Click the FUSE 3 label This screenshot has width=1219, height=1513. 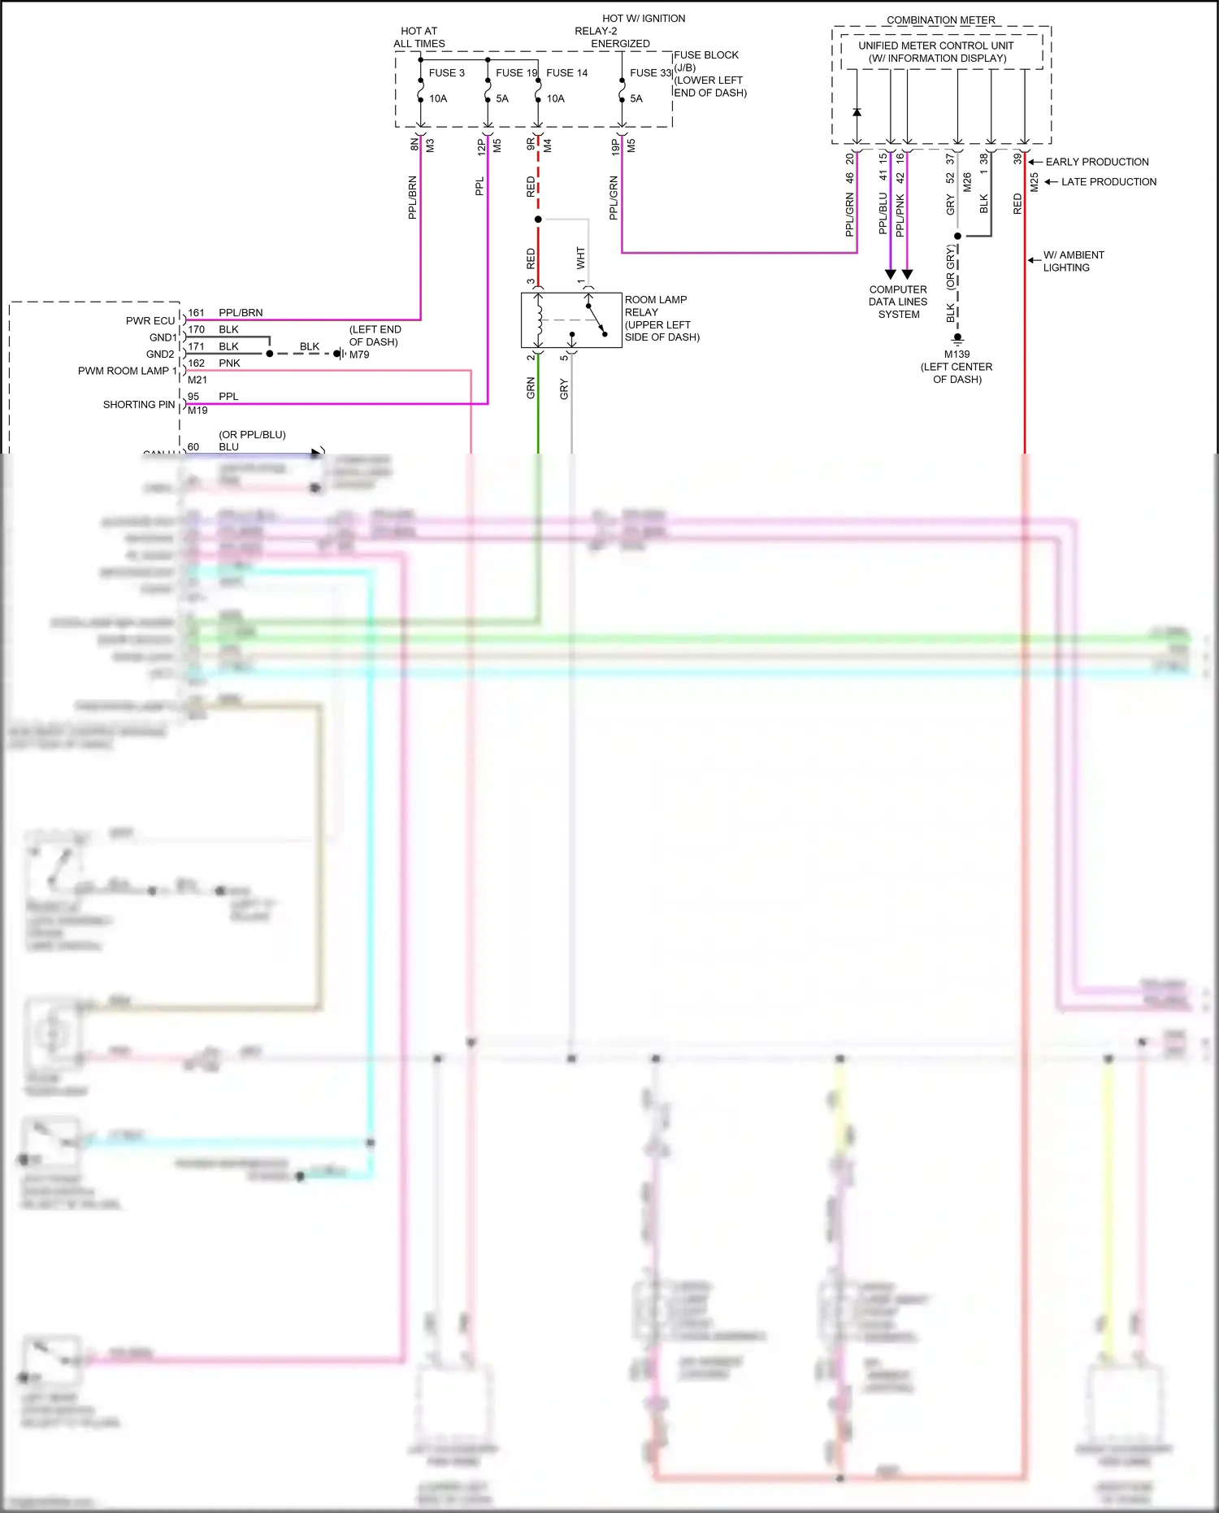click(x=446, y=73)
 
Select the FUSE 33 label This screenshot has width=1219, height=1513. click(x=650, y=73)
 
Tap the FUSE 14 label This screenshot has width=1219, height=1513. click(x=566, y=73)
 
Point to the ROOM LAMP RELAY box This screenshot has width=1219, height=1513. click(x=571, y=320)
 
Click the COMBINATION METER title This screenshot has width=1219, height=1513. click(x=940, y=20)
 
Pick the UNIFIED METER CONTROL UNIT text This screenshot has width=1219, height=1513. click(x=936, y=46)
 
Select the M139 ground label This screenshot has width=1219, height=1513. click(x=957, y=354)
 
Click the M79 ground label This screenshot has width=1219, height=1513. click(x=359, y=354)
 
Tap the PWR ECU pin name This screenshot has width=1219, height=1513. click(x=150, y=321)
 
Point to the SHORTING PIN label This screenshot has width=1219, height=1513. click(x=139, y=405)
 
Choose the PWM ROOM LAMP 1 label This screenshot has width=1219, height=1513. click(x=127, y=372)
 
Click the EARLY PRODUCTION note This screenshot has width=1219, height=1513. click(x=1096, y=163)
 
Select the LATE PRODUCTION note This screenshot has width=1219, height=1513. click(x=1108, y=182)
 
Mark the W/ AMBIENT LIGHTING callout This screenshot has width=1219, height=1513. click(x=1073, y=261)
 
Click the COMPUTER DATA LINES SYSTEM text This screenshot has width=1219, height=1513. click(x=898, y=302)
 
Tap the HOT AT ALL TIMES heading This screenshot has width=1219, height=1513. click(x=419, y=37)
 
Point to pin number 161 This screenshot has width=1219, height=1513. click(x=196, y=313)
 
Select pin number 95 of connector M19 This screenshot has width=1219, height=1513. click(x=193, y=397)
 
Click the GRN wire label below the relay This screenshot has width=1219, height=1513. click(x=531, y=388)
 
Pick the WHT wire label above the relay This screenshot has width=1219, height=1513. click(x=580, y=259)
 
